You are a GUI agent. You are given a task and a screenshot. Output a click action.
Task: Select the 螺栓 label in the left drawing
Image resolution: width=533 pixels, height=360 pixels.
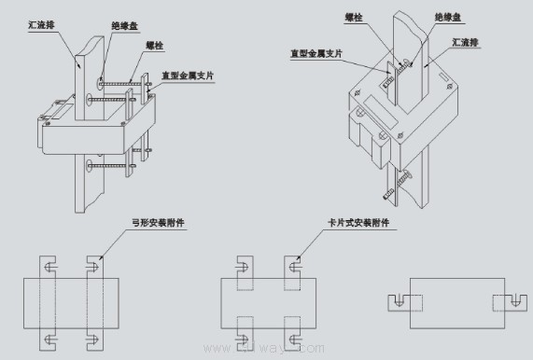tap(154, 45)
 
